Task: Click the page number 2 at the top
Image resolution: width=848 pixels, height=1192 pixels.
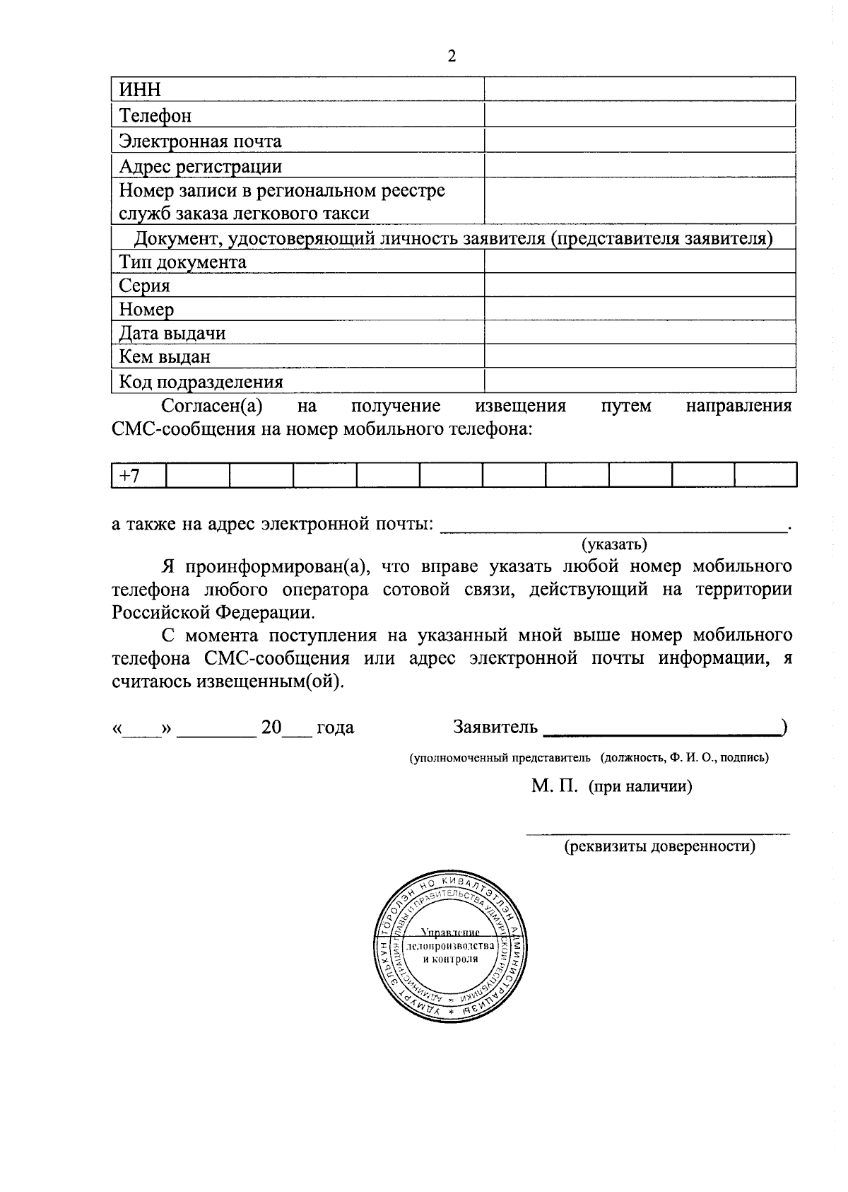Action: [x=452, y=57]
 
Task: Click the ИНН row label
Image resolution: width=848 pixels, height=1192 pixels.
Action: [x=140, y=90]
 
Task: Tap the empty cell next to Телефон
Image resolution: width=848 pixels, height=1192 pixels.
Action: [x=640, y=115]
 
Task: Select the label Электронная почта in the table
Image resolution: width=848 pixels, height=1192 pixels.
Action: [x=200, y=141]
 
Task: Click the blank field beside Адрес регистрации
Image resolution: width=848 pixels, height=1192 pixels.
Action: [x=640, y=166]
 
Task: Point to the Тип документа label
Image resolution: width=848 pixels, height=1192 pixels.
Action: [x=182, y=262]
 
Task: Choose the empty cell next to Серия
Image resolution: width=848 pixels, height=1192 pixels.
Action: [x=640, y=286]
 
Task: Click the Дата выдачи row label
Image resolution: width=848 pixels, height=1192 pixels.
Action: [x=172, y=333]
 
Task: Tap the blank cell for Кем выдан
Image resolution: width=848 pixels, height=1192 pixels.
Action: [x=640, y=356]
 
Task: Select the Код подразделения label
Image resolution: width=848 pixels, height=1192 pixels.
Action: [x=201, y=382]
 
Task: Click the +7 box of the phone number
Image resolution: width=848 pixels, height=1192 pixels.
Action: [x=138, y=474]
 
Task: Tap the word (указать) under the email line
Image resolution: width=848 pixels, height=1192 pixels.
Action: [x=614, y=544]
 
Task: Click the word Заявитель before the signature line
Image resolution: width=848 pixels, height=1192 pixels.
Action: [x=495, y=727]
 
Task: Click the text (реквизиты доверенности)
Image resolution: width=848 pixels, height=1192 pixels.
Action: [x=659, y=846]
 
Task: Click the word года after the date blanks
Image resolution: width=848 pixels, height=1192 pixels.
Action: [x=335, y=727]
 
